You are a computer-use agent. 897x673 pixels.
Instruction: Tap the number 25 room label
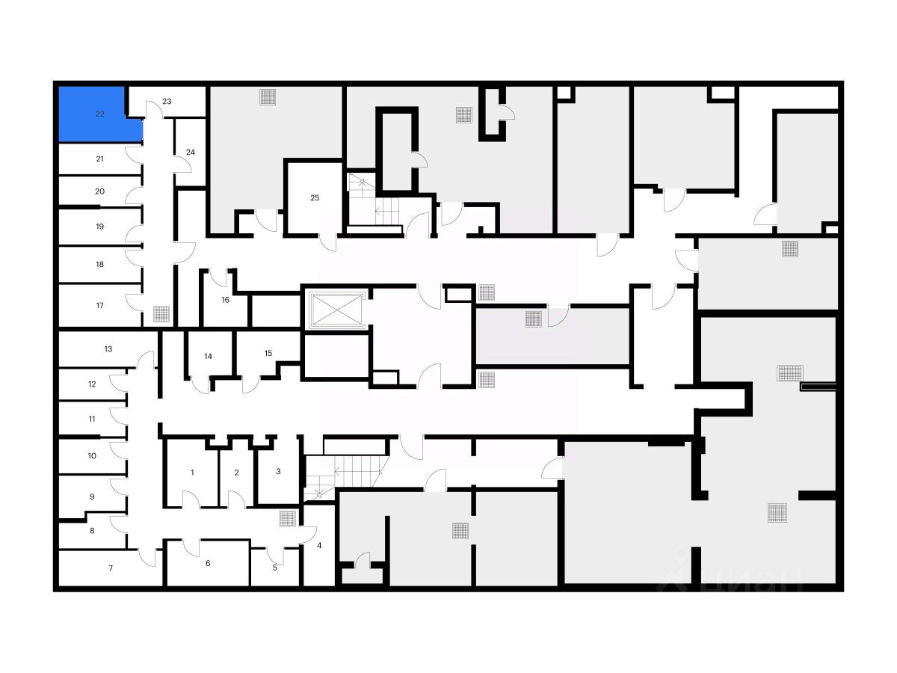(315, 197)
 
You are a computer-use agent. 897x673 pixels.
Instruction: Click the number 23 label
(167, 101)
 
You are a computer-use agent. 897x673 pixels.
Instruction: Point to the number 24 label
(190, 152)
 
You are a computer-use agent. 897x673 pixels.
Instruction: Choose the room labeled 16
(225, 300)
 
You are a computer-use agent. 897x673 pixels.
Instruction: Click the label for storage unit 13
(108, 348)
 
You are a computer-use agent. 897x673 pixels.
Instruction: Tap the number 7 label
(111, 568)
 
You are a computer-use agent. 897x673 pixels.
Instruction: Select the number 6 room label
(208, 563)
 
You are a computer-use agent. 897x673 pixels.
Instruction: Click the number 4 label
(319, 545)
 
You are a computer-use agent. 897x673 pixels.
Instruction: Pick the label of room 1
(192, 472)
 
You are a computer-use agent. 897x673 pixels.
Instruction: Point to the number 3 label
(278, 471)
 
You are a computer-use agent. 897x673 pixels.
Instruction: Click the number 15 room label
(268, 353)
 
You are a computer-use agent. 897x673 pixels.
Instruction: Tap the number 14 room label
(209, 356)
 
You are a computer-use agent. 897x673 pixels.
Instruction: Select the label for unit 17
(99, 305)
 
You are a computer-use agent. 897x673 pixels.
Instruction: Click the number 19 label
(99, 226)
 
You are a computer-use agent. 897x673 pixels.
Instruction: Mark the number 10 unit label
(92, 455)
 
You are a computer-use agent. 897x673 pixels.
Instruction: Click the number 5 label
(274, 567)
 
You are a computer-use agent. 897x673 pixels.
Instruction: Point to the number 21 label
(99, 159)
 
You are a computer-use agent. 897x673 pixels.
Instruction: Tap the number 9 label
(92, 496)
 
